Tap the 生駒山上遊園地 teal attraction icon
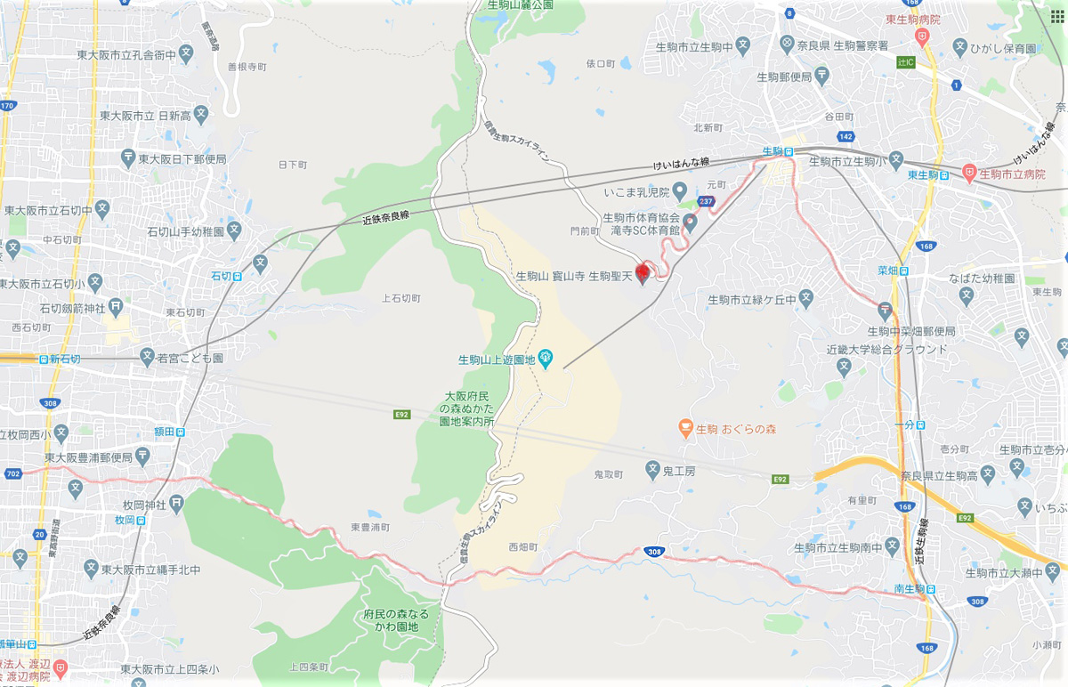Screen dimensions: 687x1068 coord(546,360)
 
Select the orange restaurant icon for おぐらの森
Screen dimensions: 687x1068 coord(684,428)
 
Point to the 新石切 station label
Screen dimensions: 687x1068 coord(64,359)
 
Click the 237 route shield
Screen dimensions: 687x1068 coord(707,202)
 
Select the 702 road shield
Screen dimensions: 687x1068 coord(12,474)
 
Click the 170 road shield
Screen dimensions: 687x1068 coord(8,107)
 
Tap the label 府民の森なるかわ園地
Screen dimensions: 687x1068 coord(396,620)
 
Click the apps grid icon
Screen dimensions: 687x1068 coord(1056,16)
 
